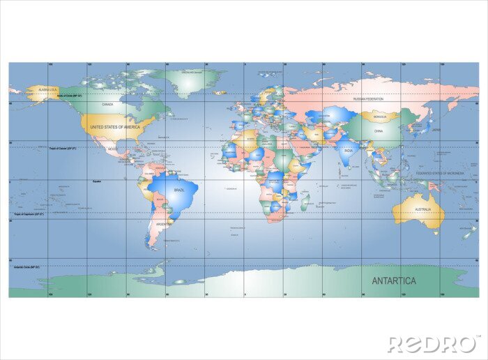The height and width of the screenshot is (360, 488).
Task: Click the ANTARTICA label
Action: coord(394,281)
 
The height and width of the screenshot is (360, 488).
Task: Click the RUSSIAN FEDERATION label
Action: coord(369,99)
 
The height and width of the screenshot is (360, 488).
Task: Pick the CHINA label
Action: coord(379,130)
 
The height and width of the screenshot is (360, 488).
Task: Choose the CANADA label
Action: coord(107,105)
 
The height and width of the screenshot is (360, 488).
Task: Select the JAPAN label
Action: coord(436,129)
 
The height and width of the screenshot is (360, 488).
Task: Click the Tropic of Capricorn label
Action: coord(29,214)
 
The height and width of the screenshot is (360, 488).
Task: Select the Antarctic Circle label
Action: coord(27,267)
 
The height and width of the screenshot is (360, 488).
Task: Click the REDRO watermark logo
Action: coord(432,343)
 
